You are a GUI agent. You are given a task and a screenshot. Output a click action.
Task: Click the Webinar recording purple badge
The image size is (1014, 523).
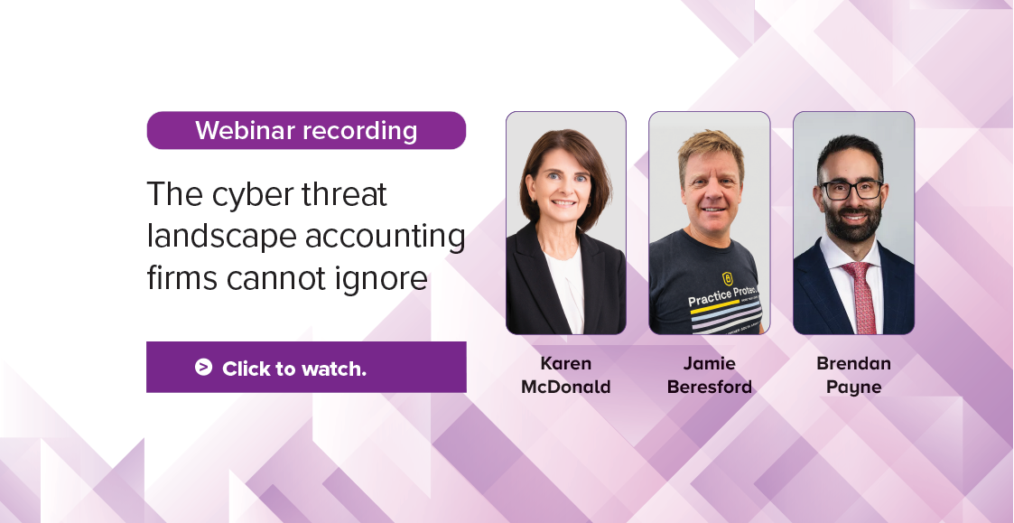(306, 130)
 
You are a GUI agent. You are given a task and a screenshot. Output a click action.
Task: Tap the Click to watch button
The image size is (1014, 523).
(306, 367)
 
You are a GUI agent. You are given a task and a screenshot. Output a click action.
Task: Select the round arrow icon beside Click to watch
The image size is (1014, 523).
(204, 367)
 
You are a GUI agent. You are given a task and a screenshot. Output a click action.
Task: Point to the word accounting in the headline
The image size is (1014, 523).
(386, 237)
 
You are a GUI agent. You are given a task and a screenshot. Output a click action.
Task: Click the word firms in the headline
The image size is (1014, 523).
(181, 278)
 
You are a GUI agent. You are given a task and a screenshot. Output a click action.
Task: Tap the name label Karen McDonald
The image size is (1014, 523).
(566, 375)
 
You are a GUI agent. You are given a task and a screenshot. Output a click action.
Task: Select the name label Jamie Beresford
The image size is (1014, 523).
(710, 375)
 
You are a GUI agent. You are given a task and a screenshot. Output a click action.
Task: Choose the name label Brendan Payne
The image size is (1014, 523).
(853, 375)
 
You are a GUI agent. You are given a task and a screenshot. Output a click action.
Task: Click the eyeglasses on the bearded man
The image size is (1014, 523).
(851, 190)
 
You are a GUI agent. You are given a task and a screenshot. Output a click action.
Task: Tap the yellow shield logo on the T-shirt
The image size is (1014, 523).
(727, 278)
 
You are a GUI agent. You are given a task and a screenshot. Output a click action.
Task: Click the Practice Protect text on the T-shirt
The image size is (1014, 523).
(722, 295)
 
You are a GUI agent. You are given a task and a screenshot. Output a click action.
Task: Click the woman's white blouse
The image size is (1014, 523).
(567, 290)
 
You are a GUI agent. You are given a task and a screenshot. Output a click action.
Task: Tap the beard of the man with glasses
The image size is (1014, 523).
(853, 224)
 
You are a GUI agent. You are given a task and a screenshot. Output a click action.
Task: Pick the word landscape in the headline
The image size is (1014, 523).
(222, 237)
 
